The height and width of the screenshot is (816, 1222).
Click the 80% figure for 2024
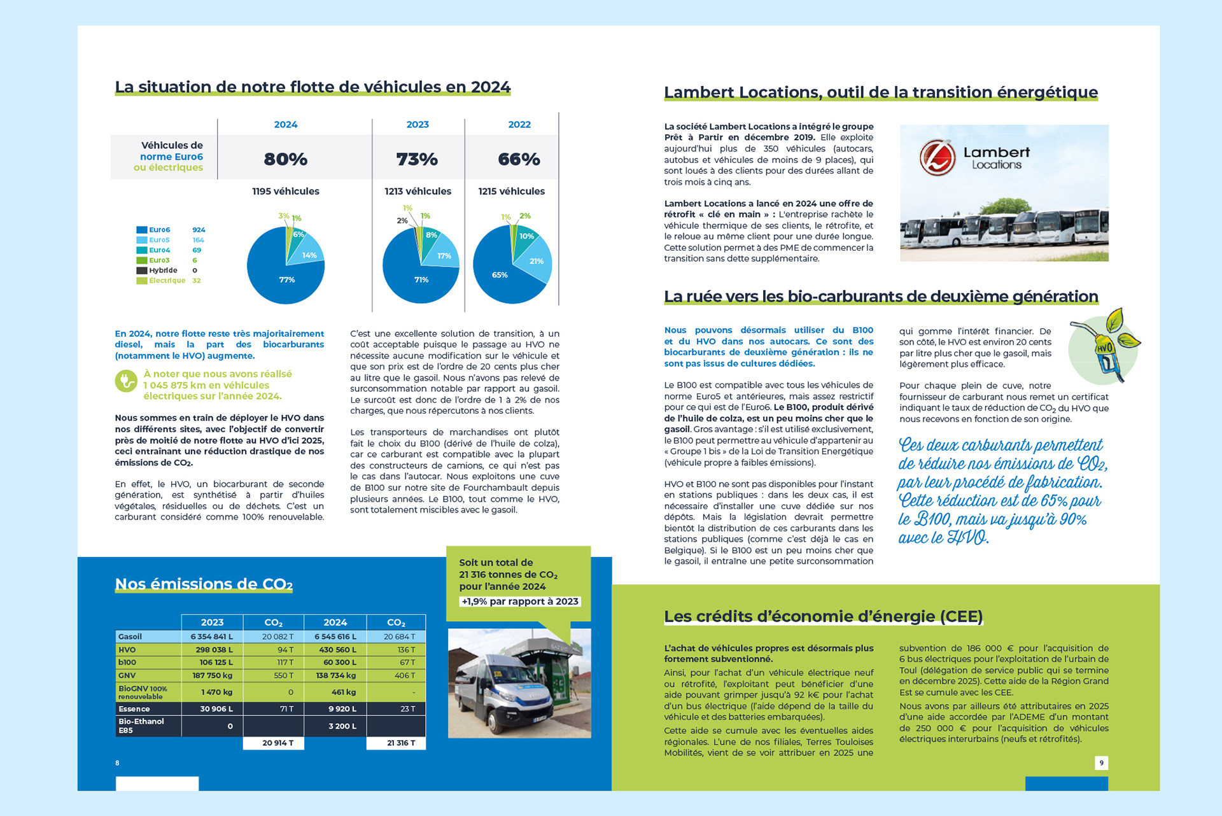point(285,159)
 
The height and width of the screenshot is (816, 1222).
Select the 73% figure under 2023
point(417,159)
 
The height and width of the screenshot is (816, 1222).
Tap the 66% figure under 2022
point(519,159)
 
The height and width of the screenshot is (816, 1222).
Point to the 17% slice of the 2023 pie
point(444,255)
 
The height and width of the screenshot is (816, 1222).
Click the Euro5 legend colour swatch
point(141,240)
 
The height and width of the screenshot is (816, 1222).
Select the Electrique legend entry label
point(167,281)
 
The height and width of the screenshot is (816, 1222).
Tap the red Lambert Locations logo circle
point(938,157)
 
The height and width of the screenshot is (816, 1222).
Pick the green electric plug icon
point(126,381)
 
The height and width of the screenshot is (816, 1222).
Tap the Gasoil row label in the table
point(130,637)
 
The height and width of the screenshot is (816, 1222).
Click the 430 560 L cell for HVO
point(335,650)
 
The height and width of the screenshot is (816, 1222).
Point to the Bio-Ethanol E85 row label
point(141,726)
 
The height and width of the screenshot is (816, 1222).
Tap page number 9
point(1101,763)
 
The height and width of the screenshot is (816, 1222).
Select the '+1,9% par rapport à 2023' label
point(520,601)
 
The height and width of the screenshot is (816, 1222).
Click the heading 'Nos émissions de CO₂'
point(204,584)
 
